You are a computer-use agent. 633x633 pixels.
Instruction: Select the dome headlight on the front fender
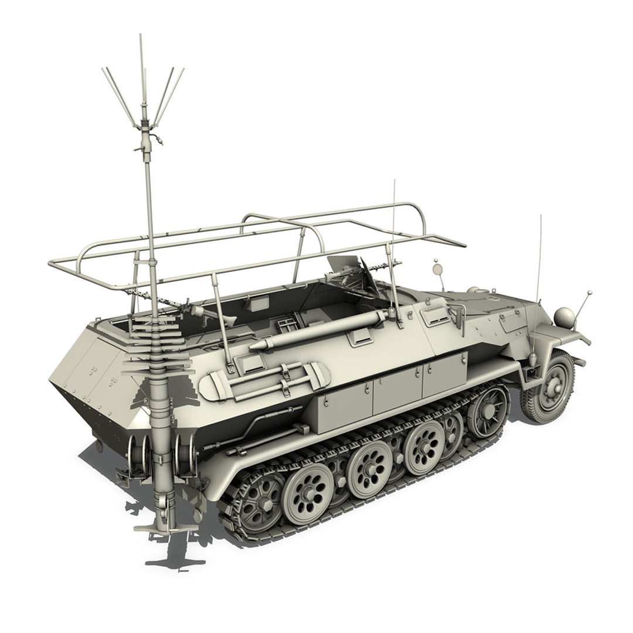[x=564, y=318]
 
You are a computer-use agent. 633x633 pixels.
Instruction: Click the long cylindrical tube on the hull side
[x=319, y=332]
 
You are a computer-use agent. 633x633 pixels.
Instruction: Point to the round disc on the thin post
[x=437, y=269]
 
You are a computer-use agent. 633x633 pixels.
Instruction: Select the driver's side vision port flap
[x=435, y=316]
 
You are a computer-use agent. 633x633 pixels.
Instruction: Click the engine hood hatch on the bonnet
[x=512, y=319]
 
